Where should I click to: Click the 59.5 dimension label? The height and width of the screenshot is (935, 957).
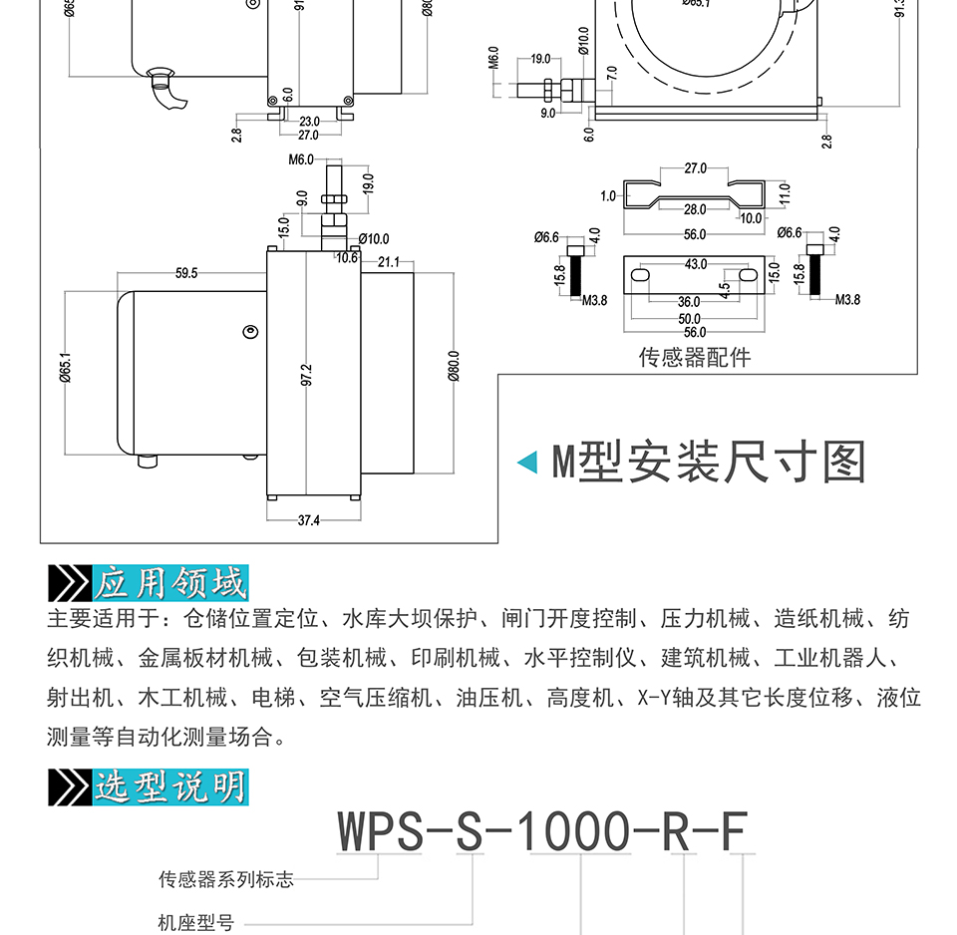tap(186, 273)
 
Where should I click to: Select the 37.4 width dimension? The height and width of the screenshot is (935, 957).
tap(309, 520)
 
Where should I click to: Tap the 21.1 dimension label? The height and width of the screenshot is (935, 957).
tap(389, 262)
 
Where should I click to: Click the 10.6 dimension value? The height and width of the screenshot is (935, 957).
tap(347, 258)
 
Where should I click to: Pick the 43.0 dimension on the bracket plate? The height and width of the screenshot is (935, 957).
tap(695, 264)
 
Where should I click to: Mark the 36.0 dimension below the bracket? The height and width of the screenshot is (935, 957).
tap(689, 302)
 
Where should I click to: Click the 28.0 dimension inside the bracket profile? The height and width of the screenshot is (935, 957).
tap(695, 209)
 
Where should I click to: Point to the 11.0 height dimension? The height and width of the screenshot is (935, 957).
tap(785, 192)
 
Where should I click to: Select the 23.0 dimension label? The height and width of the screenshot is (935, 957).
tap(309, 122)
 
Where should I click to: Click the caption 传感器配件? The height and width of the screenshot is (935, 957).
tap(695, 357)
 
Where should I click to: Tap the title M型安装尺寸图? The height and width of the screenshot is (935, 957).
tap(709, 462)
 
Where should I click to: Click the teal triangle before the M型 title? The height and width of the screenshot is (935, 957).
tap(527, 462)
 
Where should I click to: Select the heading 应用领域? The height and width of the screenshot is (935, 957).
tap(170, 581)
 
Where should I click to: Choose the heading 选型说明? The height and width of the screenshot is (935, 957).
tap(170, 786)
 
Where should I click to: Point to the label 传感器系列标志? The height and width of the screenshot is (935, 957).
tap(226, 879)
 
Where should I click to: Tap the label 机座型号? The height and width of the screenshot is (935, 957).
tap(195, 923)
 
